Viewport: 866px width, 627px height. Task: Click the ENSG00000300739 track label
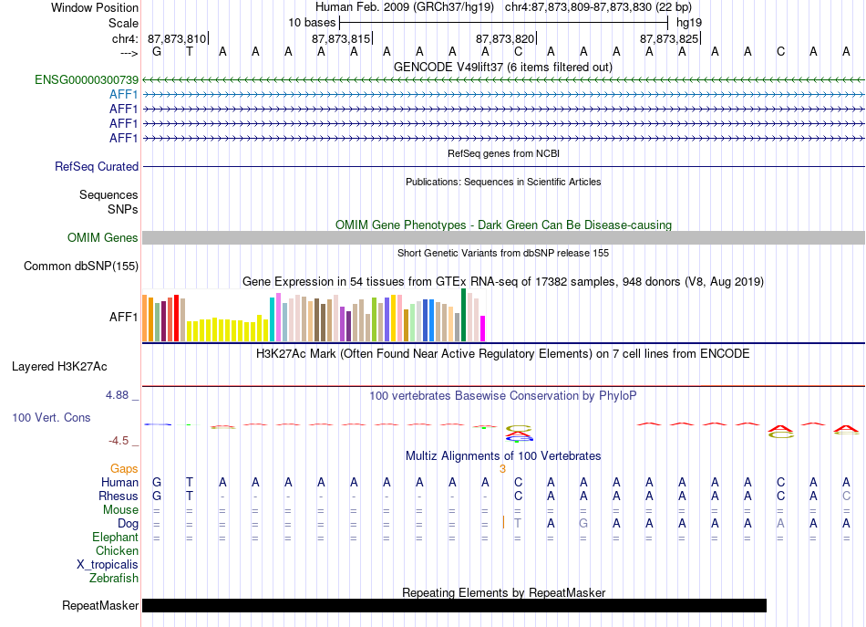point(87,79)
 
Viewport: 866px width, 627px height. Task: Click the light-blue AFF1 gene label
point(124,95)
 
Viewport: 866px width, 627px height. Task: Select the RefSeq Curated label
point(97,166)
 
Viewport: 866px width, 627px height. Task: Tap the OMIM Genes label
point(103,238)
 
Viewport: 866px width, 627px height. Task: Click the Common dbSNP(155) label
point(81,266)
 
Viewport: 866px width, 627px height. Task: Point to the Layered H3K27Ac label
point(59,367)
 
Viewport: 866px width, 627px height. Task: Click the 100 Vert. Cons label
point(51,417)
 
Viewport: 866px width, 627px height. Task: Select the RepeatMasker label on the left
point(100,605)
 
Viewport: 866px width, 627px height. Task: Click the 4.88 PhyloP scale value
point(117,395)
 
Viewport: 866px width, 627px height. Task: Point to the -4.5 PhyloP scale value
point(119,441)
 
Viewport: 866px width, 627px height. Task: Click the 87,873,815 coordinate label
point(341,38)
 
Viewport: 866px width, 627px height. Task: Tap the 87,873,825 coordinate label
point(669,38)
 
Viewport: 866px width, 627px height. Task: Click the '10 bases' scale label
point(312,23)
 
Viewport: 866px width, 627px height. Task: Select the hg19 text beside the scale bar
point(689,23)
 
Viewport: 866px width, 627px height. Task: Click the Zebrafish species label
point(114,579)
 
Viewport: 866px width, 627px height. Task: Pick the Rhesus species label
point(119,496)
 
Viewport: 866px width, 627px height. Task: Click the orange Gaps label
point(124,469)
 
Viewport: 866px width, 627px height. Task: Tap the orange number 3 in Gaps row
point(502,469)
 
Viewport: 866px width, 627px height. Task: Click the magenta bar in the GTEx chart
point(483,329)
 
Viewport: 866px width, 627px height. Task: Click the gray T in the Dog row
point(518,523)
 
